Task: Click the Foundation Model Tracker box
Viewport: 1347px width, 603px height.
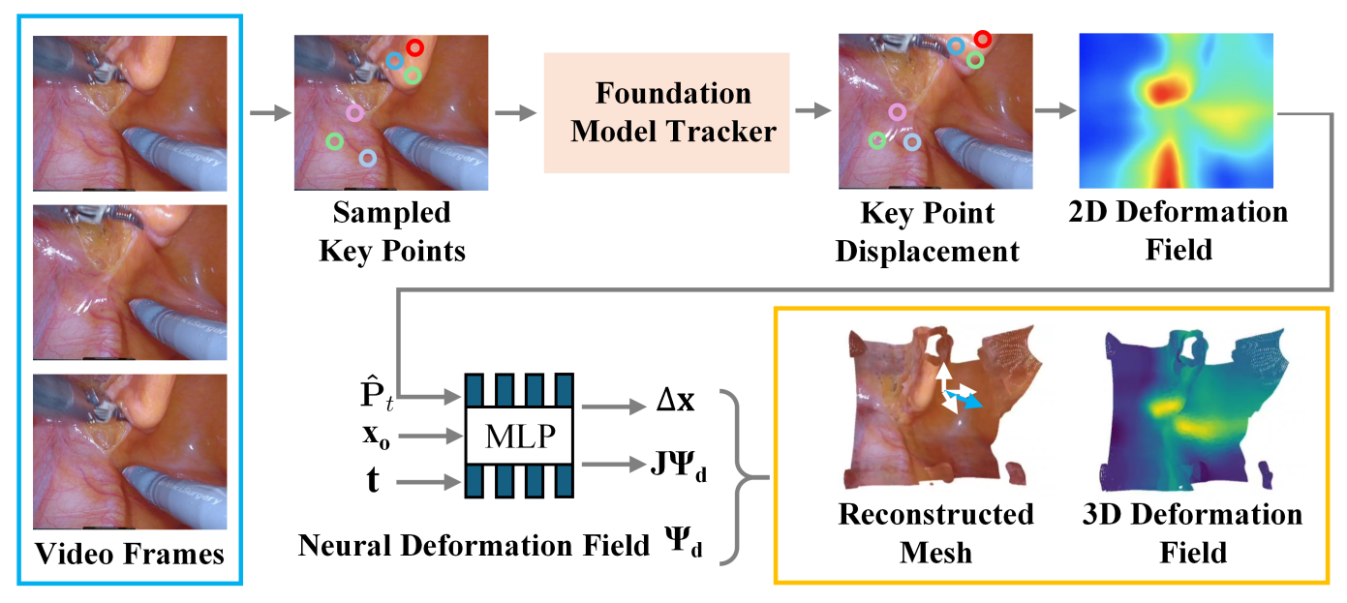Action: click(666, 113)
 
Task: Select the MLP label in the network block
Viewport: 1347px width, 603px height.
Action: click(520, 437)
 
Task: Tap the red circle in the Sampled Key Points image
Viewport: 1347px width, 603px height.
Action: click(414, 47)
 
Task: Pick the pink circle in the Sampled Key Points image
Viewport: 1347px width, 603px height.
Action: click(354, 112)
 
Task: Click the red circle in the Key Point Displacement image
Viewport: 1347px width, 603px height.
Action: click(983, 39)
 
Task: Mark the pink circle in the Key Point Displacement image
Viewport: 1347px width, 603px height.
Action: click(898, 112)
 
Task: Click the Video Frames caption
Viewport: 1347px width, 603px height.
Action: click(130, 554)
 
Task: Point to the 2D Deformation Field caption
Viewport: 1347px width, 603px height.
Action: click(1179, 231)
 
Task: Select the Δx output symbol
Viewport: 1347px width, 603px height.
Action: click(675, 400)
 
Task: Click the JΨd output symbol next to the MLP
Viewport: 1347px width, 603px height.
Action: click(678, 466)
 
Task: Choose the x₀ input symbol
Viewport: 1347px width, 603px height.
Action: click(376, 437)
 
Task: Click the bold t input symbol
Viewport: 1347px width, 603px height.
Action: click(373, 481)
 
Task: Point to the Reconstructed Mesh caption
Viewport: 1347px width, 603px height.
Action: click(935, 533)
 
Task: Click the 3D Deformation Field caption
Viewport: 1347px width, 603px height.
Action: click(1192, 533)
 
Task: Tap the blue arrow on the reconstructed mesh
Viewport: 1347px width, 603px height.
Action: click(964, 399)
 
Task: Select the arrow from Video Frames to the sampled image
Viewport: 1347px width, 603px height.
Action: click(270, 112)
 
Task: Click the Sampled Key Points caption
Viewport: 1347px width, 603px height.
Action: click(391, 231)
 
